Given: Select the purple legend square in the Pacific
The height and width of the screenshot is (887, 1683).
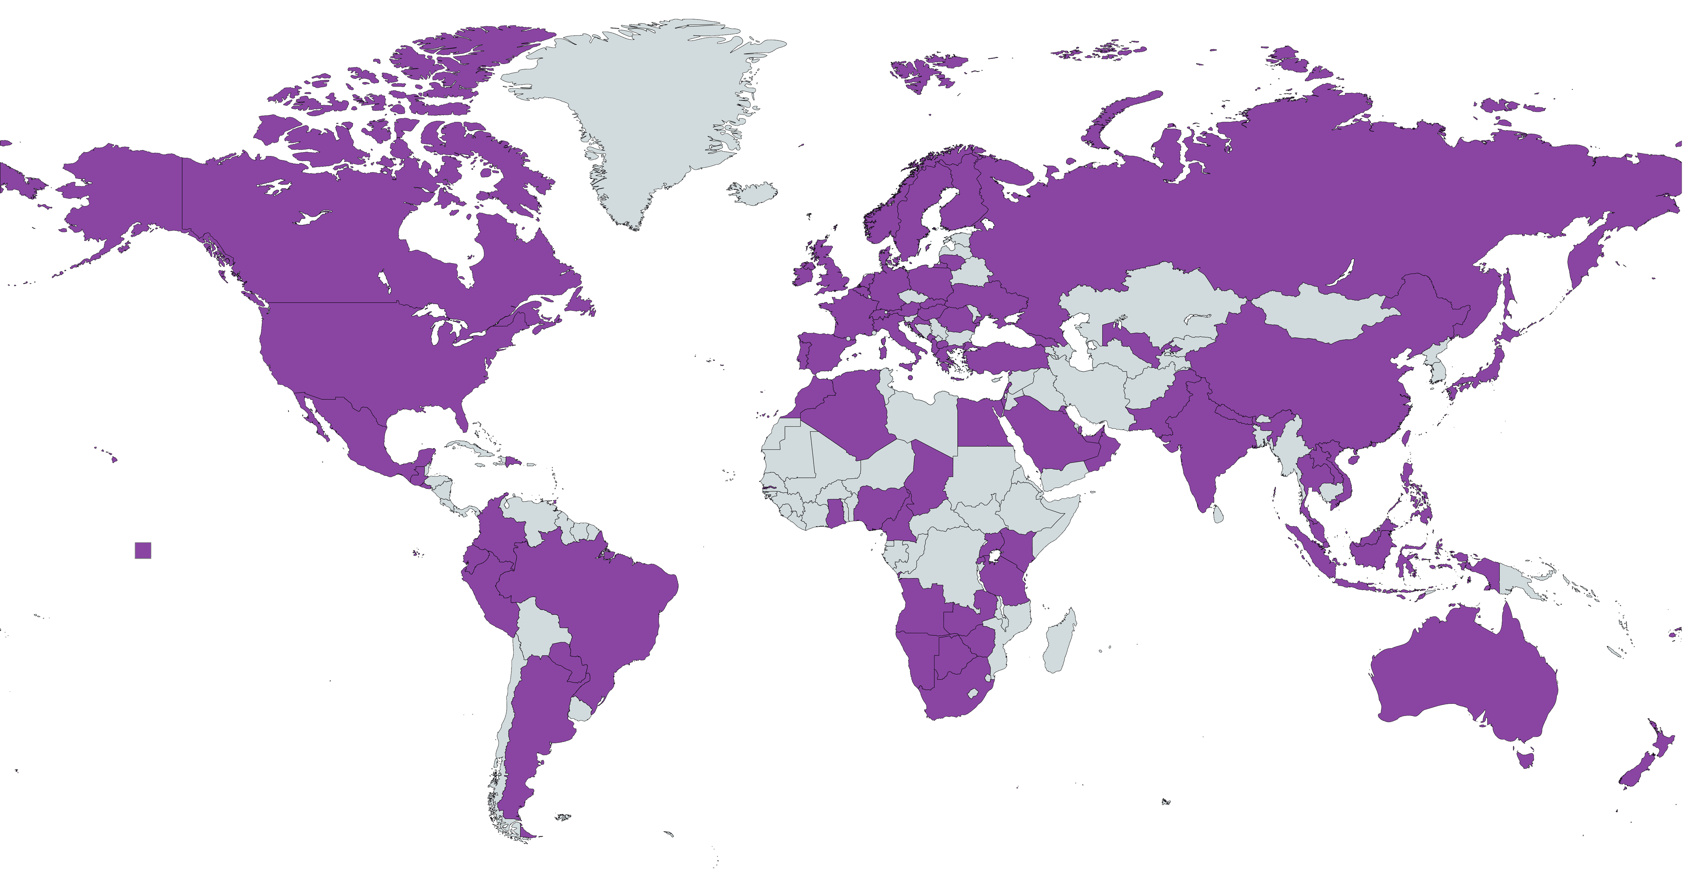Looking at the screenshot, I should point(143,550).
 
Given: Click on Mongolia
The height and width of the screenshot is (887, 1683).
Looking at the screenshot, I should point(1326,314).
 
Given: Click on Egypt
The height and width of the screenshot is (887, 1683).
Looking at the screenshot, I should point(983,425).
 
